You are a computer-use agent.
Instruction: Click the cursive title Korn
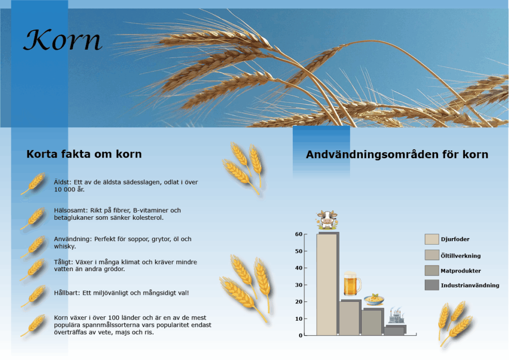pos(63,40)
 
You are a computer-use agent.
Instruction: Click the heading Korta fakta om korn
pos(84,154)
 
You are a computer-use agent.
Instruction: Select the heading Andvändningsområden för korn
pos(397,155)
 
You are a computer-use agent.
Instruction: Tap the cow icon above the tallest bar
pos(327,220)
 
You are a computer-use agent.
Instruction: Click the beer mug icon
pos(352,283)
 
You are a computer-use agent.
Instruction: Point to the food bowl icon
pos(374,299)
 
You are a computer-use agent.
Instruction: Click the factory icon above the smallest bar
pos(396,315)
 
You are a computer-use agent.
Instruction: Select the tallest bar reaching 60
pos(327,284)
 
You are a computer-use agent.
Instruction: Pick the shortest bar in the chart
pos(394,331)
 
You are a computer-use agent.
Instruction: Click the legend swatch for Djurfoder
pos(432,239)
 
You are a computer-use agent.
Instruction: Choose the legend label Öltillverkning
pos(461,256)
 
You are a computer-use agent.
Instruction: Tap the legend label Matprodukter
pos(461,270)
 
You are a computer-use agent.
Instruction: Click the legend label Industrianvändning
pos(470,285)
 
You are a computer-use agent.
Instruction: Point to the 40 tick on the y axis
pos(299,268)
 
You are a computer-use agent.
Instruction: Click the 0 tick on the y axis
pos(301,335)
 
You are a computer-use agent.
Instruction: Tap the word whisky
pos(65,247)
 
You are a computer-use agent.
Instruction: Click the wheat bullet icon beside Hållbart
pos(33,296)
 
